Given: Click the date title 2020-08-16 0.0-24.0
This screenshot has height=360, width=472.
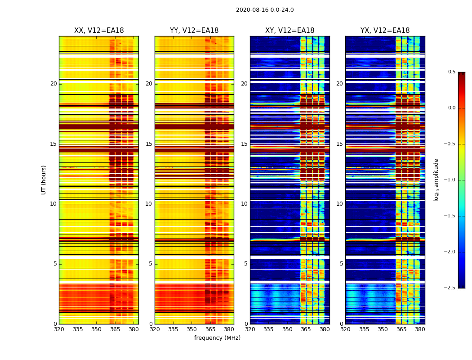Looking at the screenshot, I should point(265,10).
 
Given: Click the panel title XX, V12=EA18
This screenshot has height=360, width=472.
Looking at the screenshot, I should point(99,31).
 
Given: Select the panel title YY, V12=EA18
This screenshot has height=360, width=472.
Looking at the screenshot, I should point(194,31).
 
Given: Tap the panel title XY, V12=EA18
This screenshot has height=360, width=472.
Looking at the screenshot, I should point(289,31).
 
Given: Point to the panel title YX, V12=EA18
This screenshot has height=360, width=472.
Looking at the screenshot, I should point(385,31).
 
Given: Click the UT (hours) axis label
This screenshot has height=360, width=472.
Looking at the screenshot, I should point(44,180).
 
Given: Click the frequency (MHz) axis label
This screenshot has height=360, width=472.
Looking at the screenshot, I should point(217,338).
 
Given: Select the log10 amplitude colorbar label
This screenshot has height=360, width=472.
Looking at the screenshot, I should point(436,180).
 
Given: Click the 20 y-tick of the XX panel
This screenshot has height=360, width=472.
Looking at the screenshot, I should point(53,84).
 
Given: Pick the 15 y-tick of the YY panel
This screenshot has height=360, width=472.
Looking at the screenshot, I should point(149,144).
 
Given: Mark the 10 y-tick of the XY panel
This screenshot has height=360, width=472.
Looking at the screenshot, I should point(244,204).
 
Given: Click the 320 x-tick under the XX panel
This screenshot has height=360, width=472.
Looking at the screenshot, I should point(59,329).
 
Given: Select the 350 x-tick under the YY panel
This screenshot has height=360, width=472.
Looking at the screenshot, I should point(191,329).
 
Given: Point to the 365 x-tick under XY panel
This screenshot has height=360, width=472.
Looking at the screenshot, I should point(306,329).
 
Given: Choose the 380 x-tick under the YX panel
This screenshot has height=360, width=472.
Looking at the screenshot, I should point(420,329).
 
